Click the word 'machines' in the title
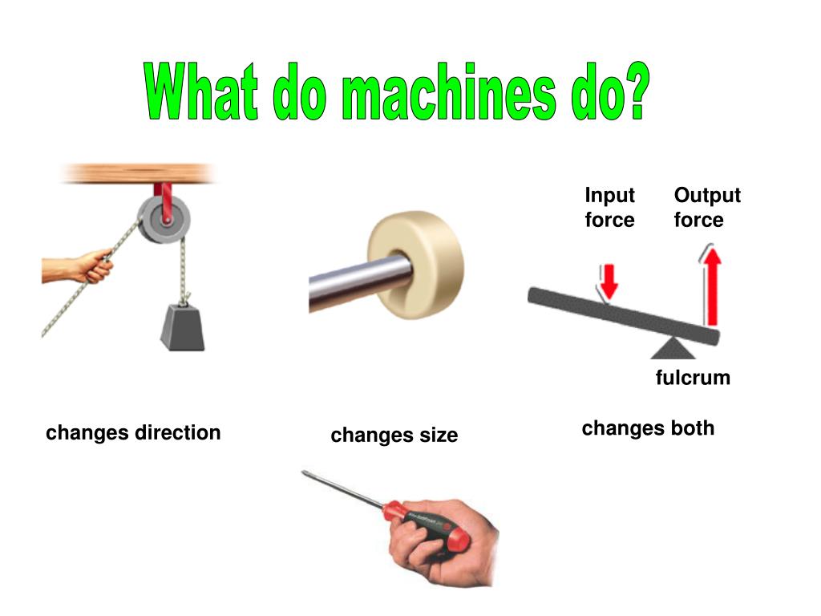click(x=449, y=92)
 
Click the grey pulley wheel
click(x=164, y=219)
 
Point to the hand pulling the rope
click(x=79, y=266)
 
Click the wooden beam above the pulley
click(x=137, y=173)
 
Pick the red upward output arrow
click(x=710, y=285)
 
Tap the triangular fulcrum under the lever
click(x=673, y=348)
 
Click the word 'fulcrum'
click(x=693, y=377)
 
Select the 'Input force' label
click(x=609, y=207)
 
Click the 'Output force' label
click(x=707, y=207)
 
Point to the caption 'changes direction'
click(x=133, y=432)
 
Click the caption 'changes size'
click(x=394, y=435)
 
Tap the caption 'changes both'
click(x=648, y=428)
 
